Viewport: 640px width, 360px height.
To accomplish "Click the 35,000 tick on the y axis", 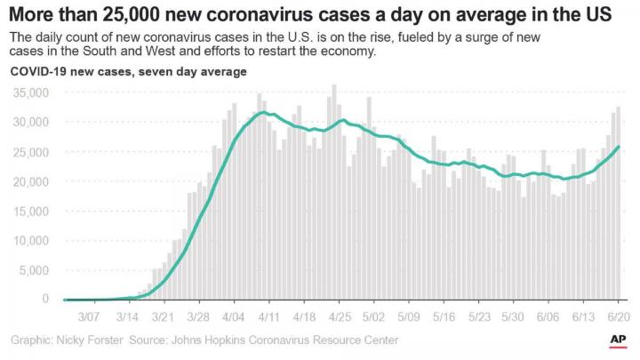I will [31, 92].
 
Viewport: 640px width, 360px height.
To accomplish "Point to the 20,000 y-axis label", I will [31, 181].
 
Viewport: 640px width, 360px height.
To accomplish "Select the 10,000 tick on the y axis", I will [31, 241].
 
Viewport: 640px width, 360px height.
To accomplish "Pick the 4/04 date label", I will [234, 316].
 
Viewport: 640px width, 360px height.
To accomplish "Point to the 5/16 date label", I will [444, 316].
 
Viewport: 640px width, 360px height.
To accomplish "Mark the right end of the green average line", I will [618, 147].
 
